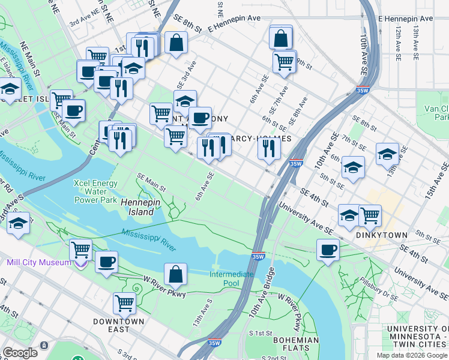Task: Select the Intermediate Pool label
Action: pyautogui.click(x=231, y=278)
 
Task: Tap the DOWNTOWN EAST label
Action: pyautogui.click(x=119, y=325)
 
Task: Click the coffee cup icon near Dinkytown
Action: pyautogui.click(x=328, y=249)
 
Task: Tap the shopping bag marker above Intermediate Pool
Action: pyautogui.click(x=175, y=274)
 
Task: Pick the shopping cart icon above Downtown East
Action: pyautogui.click(x=124, y=303)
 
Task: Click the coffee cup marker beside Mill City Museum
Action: pyautogui.click(x=106, y=262)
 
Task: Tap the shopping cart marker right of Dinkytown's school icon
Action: pyautogui.click(x=370, y=214)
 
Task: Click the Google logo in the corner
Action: pyautogui.click(x=20, y=353)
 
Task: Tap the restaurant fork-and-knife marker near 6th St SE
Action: pyautogui.click(x=268, y=147)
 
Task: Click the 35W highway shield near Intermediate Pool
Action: pyautogui.click(x=258, y=256)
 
